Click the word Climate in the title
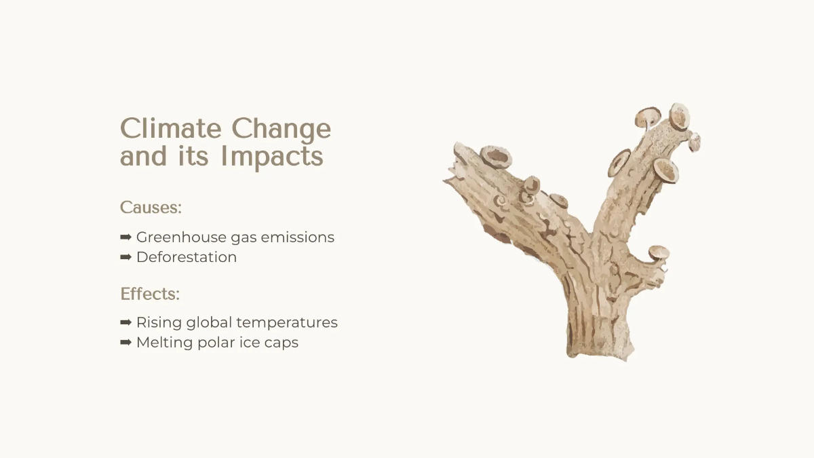click(x=171, y=128)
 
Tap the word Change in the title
click(x=282, y=128)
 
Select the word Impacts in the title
click(x=272, y=157)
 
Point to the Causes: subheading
click(x=151, y=208)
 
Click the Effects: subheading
click(x=150, y=294)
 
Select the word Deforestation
click(x=187, y=257)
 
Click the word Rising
click(x=155, y=322)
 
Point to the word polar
click(x=215, y=343)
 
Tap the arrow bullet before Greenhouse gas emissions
click(x=125, y=237)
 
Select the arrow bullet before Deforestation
click(x=125, y=257)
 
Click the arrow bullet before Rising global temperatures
click(x=125, y=322)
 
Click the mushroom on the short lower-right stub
click(x=658, y=253)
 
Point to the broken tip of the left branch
click(x=453, y=173)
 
